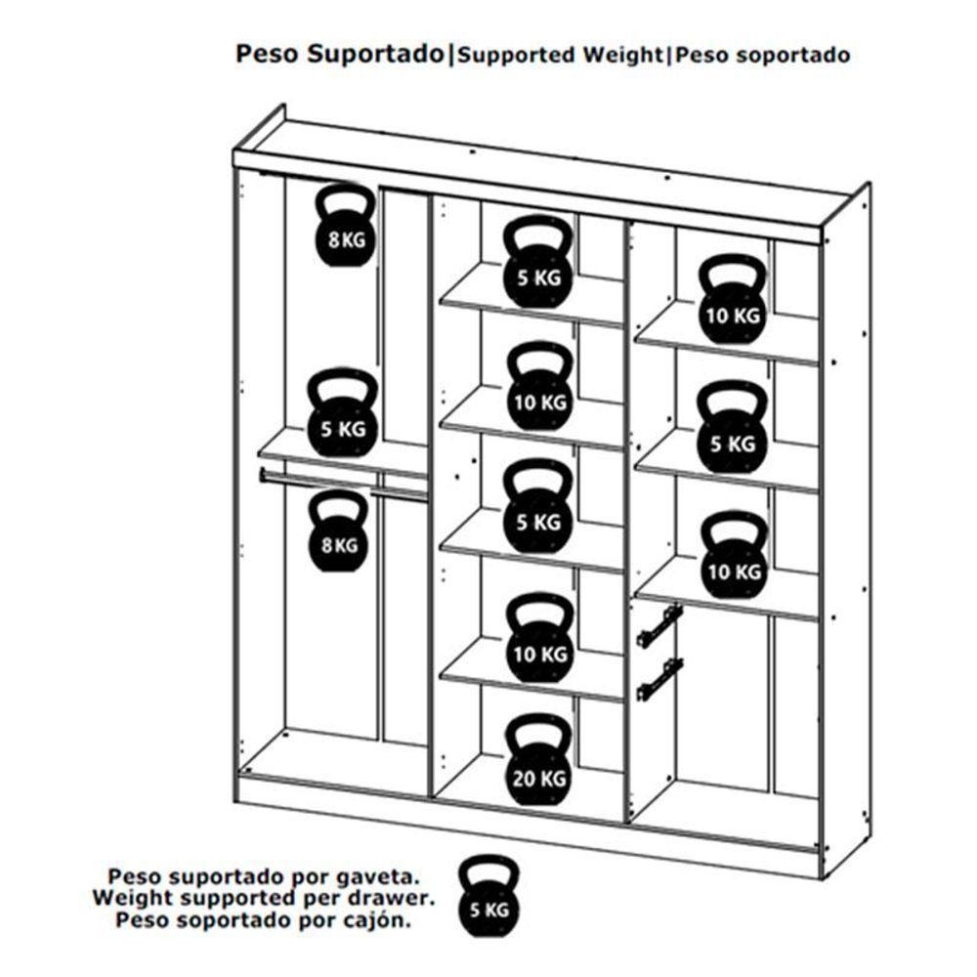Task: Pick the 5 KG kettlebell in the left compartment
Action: click(342, 414)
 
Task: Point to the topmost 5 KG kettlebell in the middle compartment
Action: click(537, 263)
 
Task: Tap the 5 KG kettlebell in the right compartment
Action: click(734, 430)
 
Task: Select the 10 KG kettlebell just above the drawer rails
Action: click(734, 557)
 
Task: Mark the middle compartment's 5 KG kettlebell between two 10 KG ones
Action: click(537, 508)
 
